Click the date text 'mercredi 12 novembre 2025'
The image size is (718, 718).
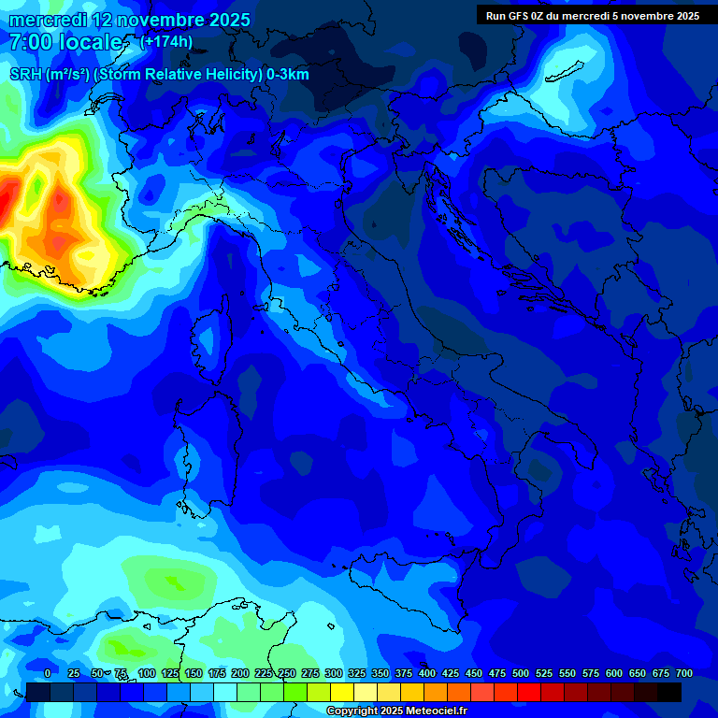(129, 20)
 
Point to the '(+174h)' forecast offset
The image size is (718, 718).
(165, 42)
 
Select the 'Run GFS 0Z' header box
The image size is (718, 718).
(592, 16)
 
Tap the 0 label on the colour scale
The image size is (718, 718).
(48, 674)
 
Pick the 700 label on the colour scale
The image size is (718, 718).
(683, 674)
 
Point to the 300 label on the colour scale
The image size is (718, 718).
(334, 674)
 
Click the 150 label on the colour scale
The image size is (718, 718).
(194, 674)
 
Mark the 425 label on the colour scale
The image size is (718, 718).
(451, 674)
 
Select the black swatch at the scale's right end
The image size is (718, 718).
(669, 692)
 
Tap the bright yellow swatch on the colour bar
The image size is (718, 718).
(342, 692)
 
